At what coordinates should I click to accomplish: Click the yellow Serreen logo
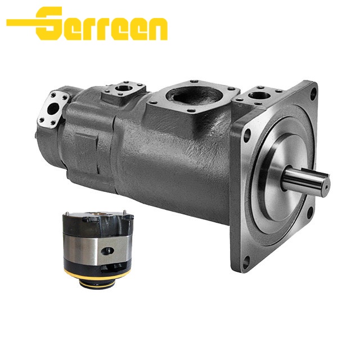(x=87, y=24)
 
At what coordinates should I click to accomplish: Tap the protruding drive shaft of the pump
(x=307, y=180)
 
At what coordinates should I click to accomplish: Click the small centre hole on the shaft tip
(x=326, y=186)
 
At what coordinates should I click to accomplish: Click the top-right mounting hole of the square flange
(x=313, y=93)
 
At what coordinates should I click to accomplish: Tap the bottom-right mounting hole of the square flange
(x=310, y=213)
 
